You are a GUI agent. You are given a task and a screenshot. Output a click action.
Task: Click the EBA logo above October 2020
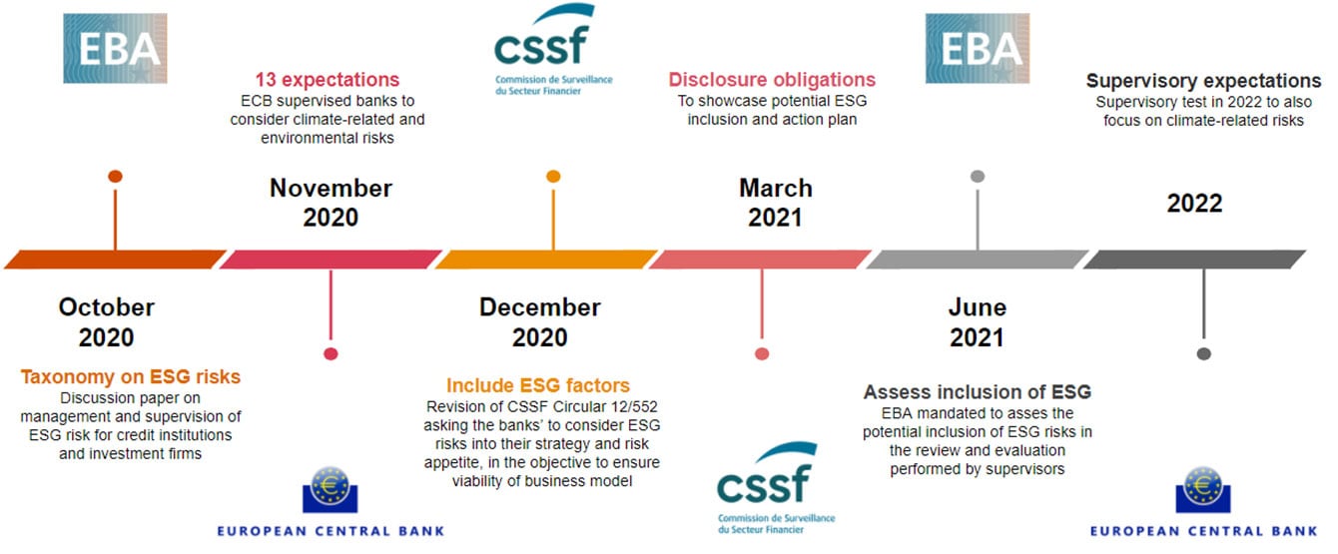click(x=115, y=48)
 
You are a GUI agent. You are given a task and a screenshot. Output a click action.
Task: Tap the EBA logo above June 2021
click(x=978, y=48)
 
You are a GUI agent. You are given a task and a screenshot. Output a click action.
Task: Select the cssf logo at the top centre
click(x=553, y=49)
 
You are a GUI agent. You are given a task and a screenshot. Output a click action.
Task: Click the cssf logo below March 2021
click(x=776, y=488)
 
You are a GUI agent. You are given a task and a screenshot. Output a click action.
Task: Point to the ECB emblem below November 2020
click(x=331, y=490)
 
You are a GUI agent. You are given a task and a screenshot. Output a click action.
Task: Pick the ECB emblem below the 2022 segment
click(x=1203, y=490)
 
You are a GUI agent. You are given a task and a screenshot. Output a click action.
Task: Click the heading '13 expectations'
click(x=328, y=80)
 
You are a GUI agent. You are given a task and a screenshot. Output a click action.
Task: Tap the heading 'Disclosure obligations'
click(x=772, y=80)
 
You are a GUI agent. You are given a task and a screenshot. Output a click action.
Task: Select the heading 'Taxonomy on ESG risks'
click(x=130, y=376)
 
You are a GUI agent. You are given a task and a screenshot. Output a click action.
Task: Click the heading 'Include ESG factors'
click(x=538, y=385)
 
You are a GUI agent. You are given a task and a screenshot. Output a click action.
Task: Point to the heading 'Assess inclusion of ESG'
click(x=978, y=392)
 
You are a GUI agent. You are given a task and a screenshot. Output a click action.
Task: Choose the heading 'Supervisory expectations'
click(x=1203, y=81)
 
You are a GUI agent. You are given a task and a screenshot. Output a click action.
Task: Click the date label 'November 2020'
click(x=331, y=203)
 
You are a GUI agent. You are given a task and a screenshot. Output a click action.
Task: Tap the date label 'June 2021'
click(x=978, y=322)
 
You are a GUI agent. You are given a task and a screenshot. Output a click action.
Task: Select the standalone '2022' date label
click(x=1194, y=204)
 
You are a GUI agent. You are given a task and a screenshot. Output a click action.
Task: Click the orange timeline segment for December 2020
click(x=546, y=260)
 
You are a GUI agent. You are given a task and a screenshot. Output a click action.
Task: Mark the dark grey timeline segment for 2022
click(x=1194, y=260)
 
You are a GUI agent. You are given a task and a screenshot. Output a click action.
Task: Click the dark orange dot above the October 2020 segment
click(x=115, y=176)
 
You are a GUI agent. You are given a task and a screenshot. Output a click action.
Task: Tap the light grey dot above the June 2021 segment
click(x=978, y=176)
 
